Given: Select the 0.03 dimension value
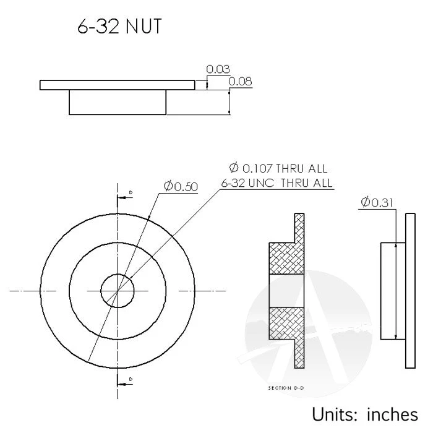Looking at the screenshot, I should click(218, 69).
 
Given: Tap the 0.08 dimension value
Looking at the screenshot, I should click(239, 81).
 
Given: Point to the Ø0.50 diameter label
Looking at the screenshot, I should click(181, 186).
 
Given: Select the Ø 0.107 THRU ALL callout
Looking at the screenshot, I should click(278, 168).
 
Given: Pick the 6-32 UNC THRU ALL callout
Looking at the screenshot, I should click(277, 183).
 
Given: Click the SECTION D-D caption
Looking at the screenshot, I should click(286, 388).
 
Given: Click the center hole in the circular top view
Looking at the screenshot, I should click(118, 289).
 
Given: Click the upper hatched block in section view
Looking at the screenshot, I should click(286, 257).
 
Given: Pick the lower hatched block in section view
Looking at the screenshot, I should click(286, 322).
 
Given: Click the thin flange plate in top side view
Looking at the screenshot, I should click(117, 85).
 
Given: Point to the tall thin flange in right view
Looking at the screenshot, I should click(411, 290).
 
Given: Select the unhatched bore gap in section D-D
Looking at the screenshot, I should click(286, 290).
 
